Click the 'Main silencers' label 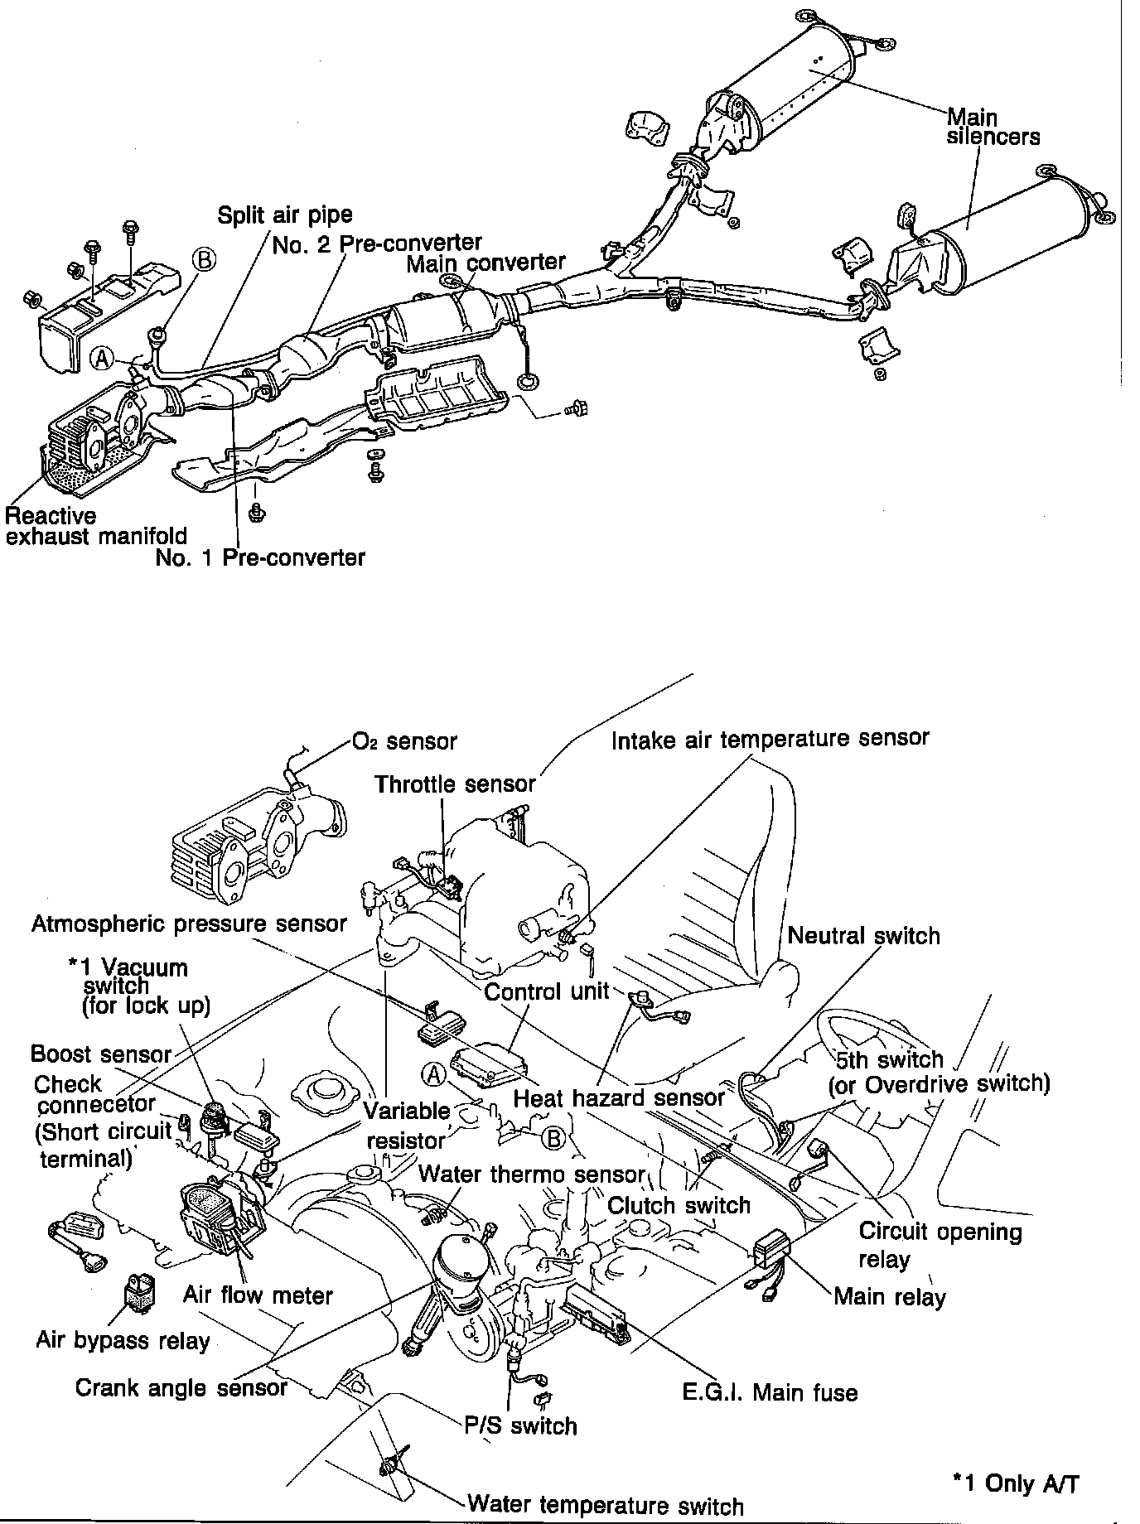tap(993, 127)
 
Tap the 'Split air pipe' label tap(284, 215)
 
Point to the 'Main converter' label tap(485, 263)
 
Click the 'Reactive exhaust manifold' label tap(95, 526)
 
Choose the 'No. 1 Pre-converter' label tap(260, 557)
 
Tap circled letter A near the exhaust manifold tap(102, 358)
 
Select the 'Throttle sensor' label tap(455, 784)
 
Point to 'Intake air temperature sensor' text tap(770, 738)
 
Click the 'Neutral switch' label tap(863, 936)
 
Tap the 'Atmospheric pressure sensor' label tap(189, 924)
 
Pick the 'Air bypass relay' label tap(123, 1340)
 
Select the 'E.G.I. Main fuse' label tap(770, 1393)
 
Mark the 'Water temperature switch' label tap(606, 1505)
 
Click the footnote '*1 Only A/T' tap(1016, 1483)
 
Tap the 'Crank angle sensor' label tap(181, 1387)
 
